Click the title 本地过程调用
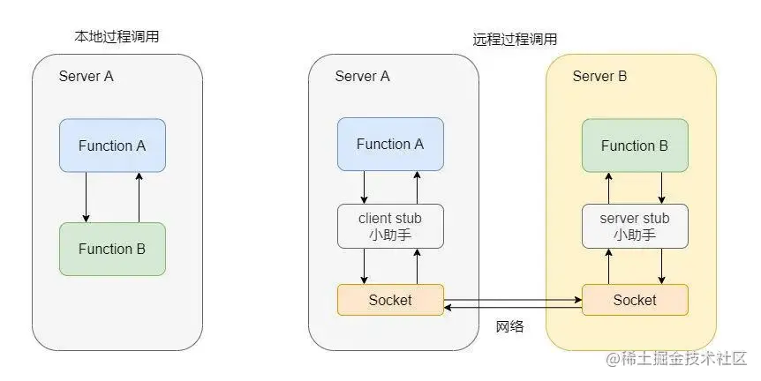point(117,36)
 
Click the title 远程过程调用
point(515,40)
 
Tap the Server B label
point(599,76)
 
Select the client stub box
point(391,227)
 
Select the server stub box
point(635,227)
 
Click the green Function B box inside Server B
point(635,146)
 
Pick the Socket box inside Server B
point(635,300)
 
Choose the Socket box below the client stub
point(391,300)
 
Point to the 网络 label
point(509,326)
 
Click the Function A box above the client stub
point(391,144)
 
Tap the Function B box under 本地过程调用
point(113,250)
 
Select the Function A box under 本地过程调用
point(113,146)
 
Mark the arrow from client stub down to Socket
point(364,266)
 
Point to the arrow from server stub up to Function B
point(608,188)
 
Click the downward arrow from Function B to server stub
point(661,188)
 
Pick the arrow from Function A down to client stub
point(364,187)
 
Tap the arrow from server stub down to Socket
point(661,266)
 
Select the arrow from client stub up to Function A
point(417,187)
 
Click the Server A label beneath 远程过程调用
point(362,76)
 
